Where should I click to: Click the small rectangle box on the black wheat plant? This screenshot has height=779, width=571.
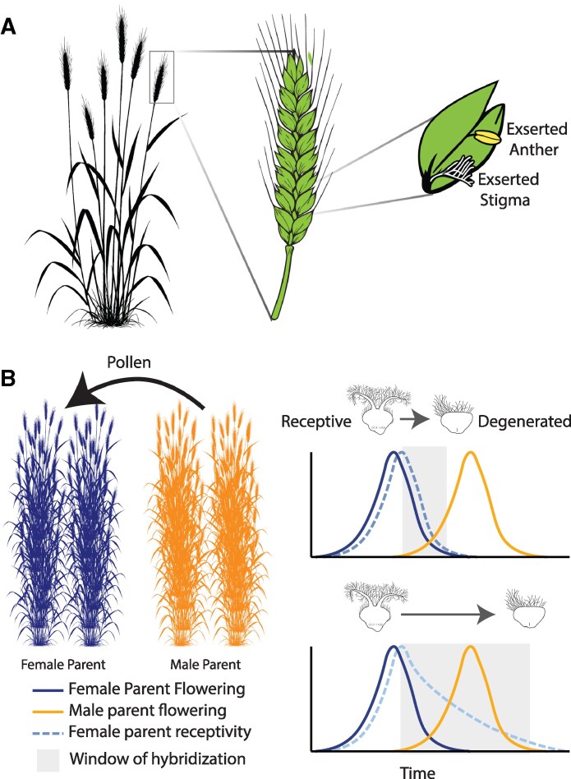coord(162,76)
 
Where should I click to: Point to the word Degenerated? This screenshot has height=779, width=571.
coord(526,422)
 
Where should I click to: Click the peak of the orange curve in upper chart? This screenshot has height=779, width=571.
coord(471,453)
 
